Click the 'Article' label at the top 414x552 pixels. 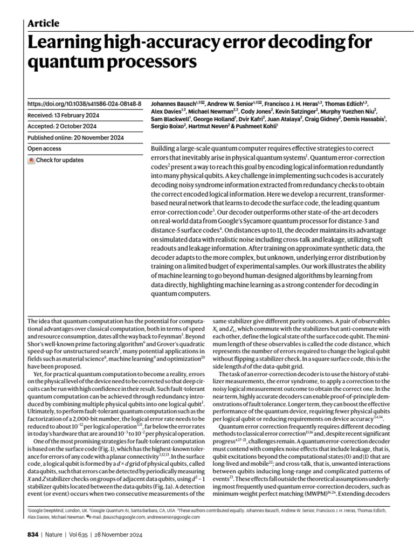(43, 23)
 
